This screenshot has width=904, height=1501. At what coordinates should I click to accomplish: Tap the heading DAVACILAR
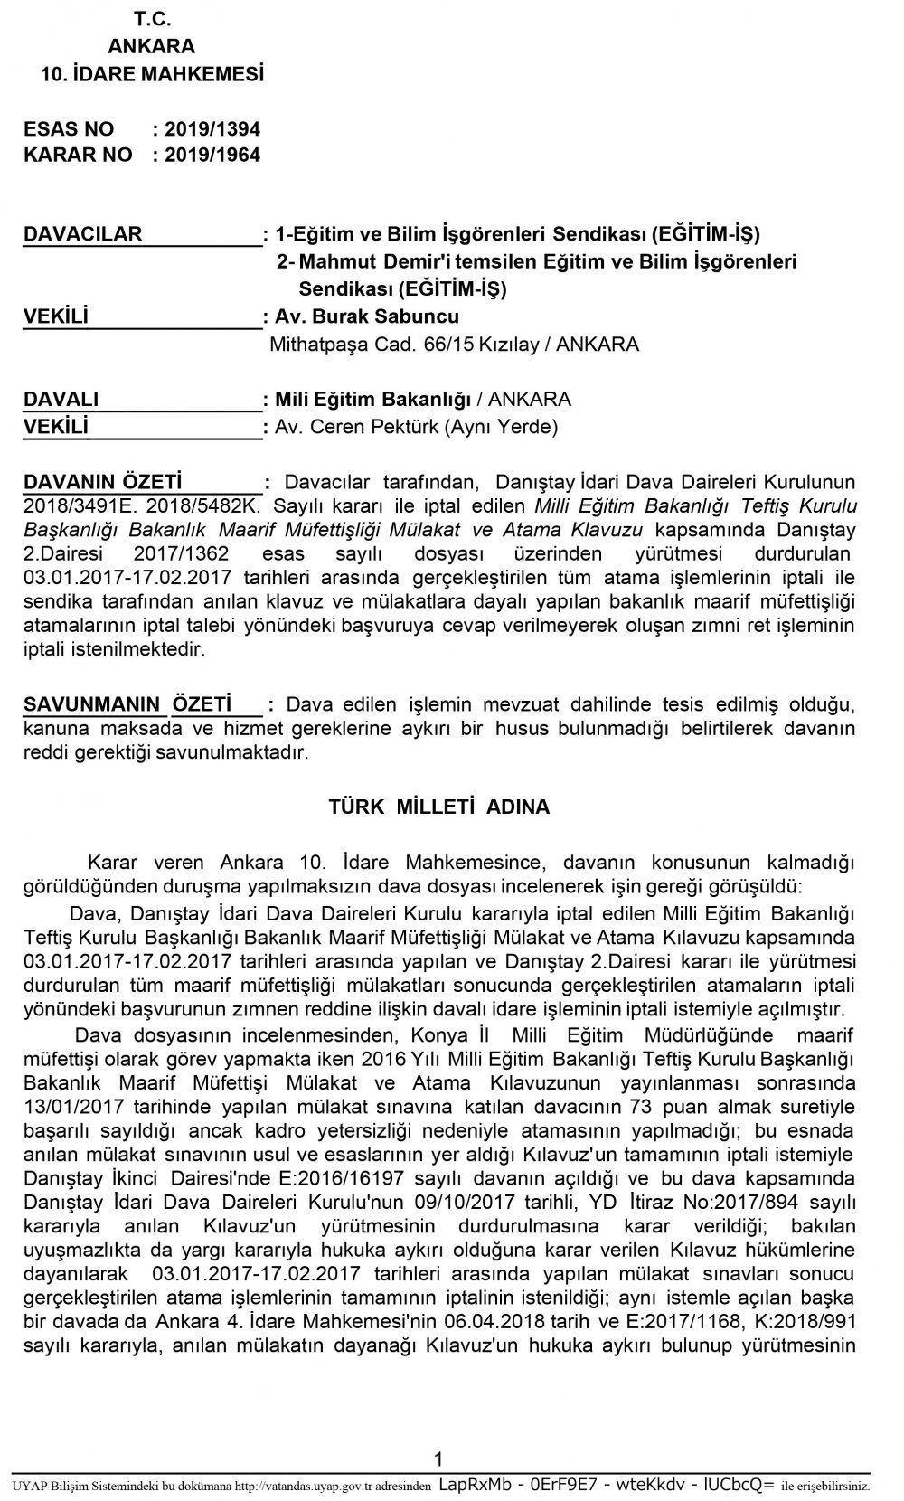pos(82,234)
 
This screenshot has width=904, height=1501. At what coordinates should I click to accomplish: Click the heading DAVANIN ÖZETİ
pos(102,482)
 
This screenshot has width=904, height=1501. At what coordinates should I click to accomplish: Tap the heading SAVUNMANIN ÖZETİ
pos(127,704)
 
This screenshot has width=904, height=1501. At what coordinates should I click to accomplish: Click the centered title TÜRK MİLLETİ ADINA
pos(439,807)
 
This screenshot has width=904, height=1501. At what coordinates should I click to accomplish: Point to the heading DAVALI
pos(61,400)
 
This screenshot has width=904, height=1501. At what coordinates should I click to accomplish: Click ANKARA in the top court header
pos(151,47)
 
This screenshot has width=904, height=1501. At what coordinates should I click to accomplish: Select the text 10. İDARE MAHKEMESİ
pos(152,74)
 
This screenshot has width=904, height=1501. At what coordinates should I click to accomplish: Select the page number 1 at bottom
pos(438,1459)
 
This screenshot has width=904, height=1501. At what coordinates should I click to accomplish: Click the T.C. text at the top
pos(151,19)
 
